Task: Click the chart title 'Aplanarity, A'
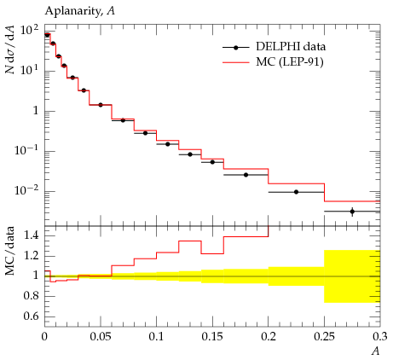click(80, 11)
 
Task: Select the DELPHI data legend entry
click(274, 47)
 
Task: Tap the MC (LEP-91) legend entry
click(273, 62)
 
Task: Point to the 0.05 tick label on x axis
click(101, 337)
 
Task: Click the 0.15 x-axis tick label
click(212, 337)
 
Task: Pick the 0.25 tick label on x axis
click(324, 337)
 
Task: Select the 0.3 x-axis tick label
click(380, 337)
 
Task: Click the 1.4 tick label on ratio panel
click(31, 235)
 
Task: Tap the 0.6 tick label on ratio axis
click(31, 316)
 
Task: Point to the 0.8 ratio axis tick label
click(31, 296)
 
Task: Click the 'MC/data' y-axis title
click(10, 251)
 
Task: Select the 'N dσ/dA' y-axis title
click(10, 49)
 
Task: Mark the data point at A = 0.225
click(296, 192)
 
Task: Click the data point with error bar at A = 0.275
click(352, 212)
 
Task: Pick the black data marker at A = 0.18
click(246, 175)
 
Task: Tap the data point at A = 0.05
click(101, 105)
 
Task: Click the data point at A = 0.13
click(190, 154)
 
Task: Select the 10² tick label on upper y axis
click(29, 31)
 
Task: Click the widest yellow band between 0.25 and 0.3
click(352, 276)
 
